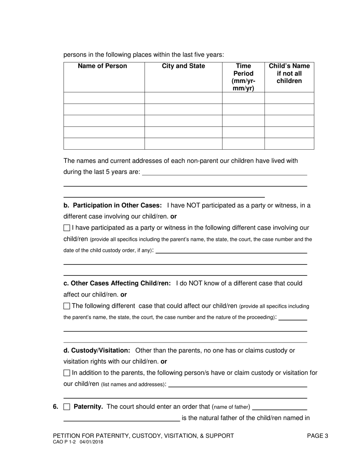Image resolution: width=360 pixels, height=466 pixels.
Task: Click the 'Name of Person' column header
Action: pos(102,66)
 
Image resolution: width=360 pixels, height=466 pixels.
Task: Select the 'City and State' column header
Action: pos(183,66)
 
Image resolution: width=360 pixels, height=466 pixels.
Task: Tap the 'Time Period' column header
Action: pos(243,77)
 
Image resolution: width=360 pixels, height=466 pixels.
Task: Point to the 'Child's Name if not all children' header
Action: pos(289,73)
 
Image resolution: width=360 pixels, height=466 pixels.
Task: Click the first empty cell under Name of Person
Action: pos(104,98)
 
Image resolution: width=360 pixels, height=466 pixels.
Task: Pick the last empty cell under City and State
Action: pos(183,144)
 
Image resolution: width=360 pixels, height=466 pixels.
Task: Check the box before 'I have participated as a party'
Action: pos(67,228)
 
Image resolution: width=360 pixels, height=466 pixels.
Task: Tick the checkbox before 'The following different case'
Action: pos(67,306)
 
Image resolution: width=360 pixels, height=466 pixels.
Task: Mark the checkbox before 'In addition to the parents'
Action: pos(67,373)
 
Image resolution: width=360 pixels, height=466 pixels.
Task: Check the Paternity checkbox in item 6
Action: pos(67,407)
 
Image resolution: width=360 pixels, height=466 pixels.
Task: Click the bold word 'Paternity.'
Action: pos(88,407)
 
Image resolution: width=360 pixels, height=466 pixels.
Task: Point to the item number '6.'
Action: pos(56,407)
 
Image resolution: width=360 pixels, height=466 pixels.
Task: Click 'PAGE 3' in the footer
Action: pos(318,436)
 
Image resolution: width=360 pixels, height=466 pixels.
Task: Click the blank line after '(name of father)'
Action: pos(279,408)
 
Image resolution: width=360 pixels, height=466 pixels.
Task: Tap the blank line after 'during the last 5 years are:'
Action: pos(224,174)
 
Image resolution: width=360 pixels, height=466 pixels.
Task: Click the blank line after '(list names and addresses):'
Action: pos(237,386)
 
